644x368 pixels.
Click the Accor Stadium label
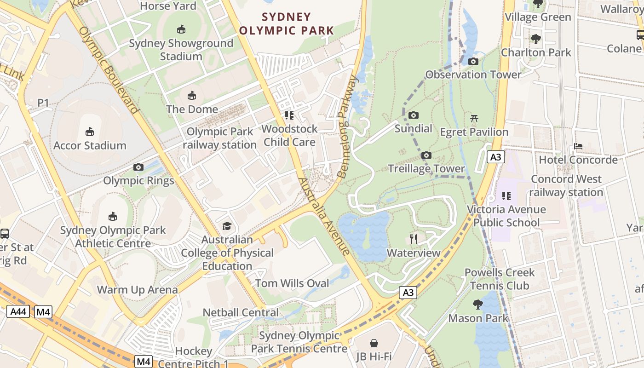point(90,145)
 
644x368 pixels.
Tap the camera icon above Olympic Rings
point(138,167)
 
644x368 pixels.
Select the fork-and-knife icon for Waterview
point(414,239)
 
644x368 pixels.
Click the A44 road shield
point(18,312)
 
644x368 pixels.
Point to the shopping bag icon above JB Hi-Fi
point(374,343)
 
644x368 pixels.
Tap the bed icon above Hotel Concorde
point(578,146)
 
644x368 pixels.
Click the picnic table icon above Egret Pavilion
point(474,118)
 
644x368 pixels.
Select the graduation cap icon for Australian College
point(227,226)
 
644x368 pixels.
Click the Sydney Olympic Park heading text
point(286,24)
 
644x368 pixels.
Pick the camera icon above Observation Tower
point(473,61)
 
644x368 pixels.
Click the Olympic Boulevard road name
point(109,70)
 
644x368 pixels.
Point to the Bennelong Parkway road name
point(348,126)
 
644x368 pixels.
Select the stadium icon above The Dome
point(192,96)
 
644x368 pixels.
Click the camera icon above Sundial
point(414,115)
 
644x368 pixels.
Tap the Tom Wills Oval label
point(292,283)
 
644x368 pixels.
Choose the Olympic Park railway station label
point(219,138)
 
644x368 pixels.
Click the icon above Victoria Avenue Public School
point(506,196)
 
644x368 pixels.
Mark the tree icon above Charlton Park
point(536,39)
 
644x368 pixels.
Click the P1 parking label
point(43,103)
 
